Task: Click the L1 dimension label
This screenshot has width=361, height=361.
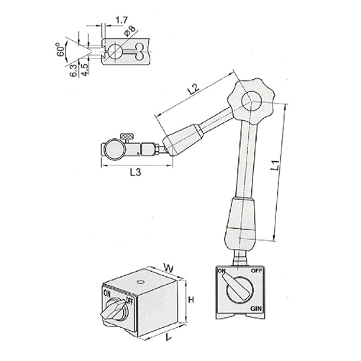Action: (x=275, y=165)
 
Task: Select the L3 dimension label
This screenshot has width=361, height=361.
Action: (x=136, y=172)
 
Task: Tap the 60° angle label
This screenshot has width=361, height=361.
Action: (x=61, y=50)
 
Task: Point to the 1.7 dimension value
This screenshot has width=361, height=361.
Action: (x=122, y=20)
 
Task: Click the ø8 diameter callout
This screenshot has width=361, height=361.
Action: (x=129, y=31)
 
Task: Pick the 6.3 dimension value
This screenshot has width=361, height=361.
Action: (x=74, y=70)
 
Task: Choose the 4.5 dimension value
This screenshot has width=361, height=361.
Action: (x=85, y=70)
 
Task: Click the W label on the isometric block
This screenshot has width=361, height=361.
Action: (x=169, y=268)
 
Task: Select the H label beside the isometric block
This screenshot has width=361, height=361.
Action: (x=191, y=300)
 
